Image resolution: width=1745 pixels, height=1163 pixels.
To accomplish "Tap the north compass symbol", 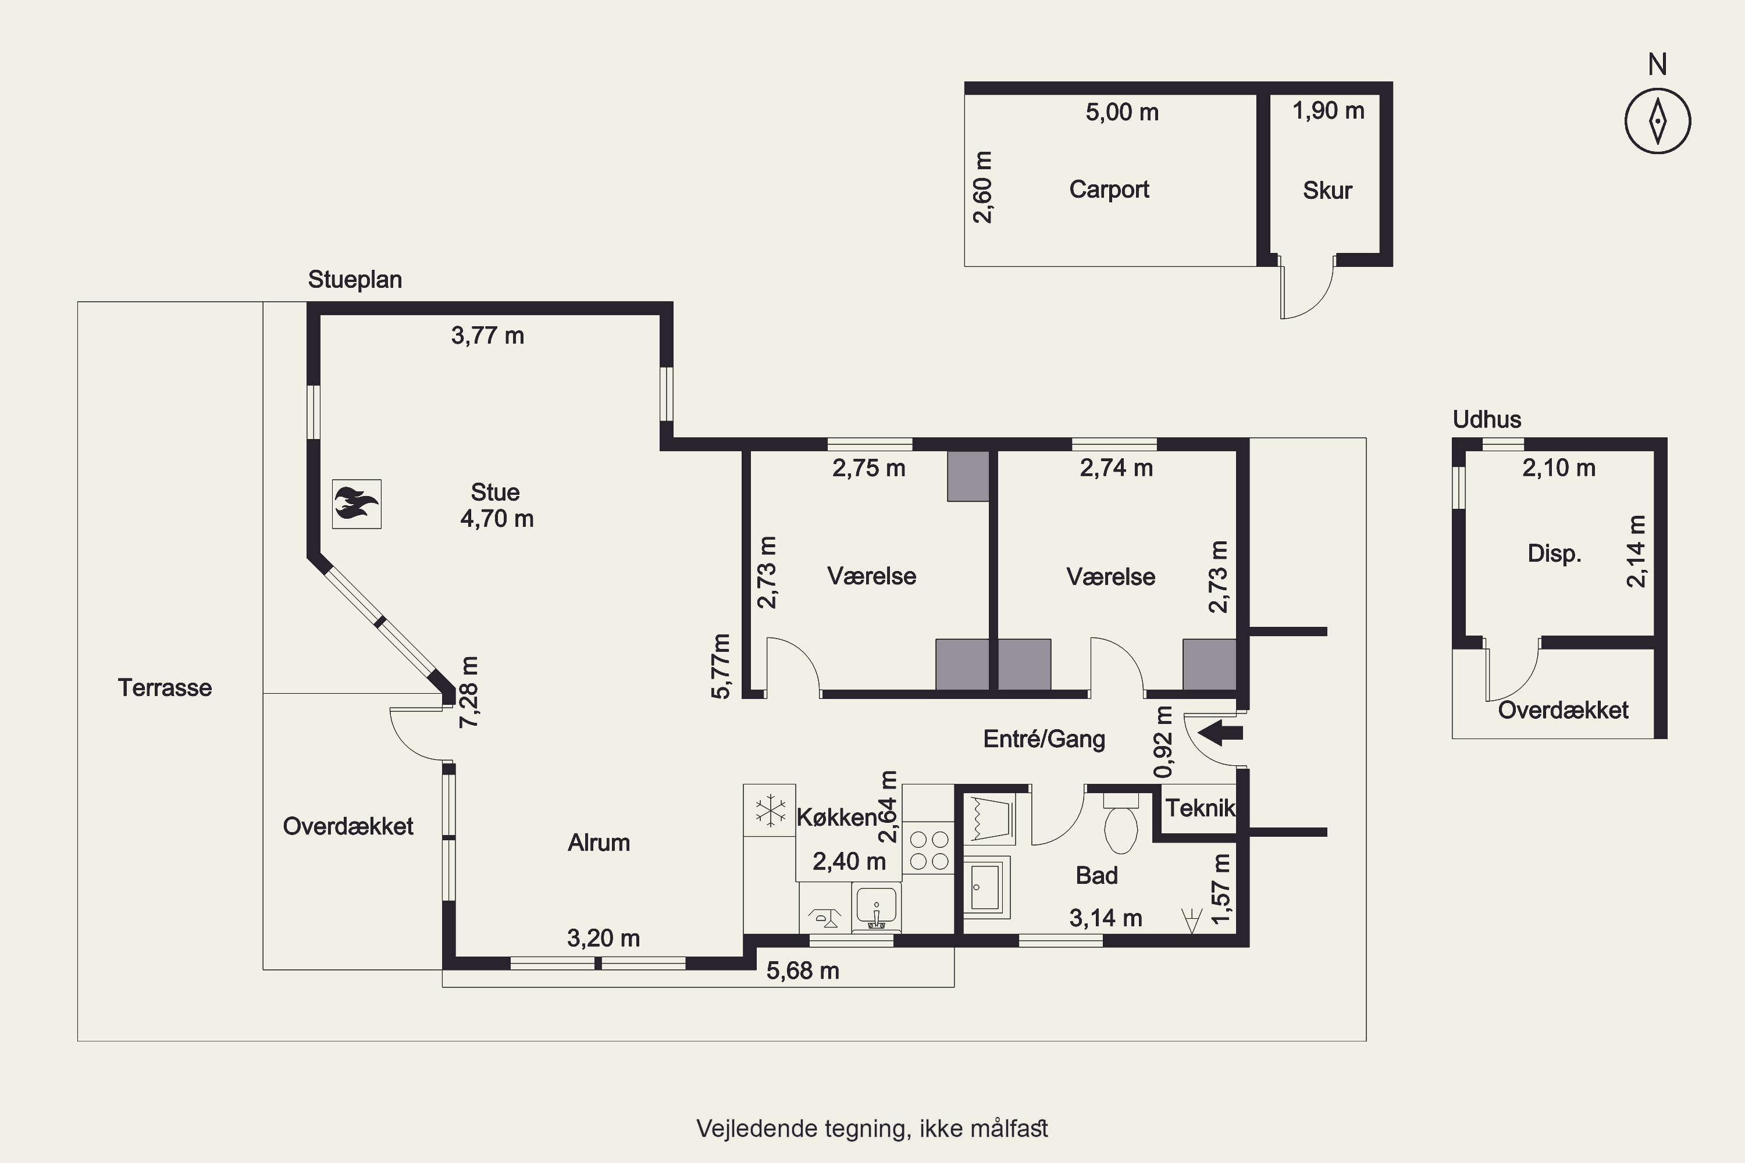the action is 1657,121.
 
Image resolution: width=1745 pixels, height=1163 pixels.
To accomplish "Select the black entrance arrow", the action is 1220,733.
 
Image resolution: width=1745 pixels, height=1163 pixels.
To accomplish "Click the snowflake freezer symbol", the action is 770,810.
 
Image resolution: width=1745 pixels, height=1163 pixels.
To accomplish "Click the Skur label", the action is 1327,191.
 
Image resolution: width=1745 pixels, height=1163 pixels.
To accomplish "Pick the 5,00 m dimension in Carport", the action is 1122,112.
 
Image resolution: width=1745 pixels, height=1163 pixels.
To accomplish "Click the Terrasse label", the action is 165,687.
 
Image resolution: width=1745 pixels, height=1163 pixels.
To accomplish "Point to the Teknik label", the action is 1199,808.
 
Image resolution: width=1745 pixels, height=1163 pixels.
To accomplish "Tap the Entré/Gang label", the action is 1044,739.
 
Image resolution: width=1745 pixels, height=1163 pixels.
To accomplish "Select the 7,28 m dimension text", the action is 469,692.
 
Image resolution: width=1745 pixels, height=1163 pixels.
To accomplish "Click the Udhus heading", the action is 1487,420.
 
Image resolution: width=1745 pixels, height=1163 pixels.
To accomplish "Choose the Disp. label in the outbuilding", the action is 1554,554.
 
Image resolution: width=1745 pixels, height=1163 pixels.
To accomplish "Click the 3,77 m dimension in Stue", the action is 487,336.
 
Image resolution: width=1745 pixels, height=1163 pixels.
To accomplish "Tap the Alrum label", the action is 599,843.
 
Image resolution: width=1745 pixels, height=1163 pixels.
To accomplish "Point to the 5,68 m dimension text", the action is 803,971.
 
